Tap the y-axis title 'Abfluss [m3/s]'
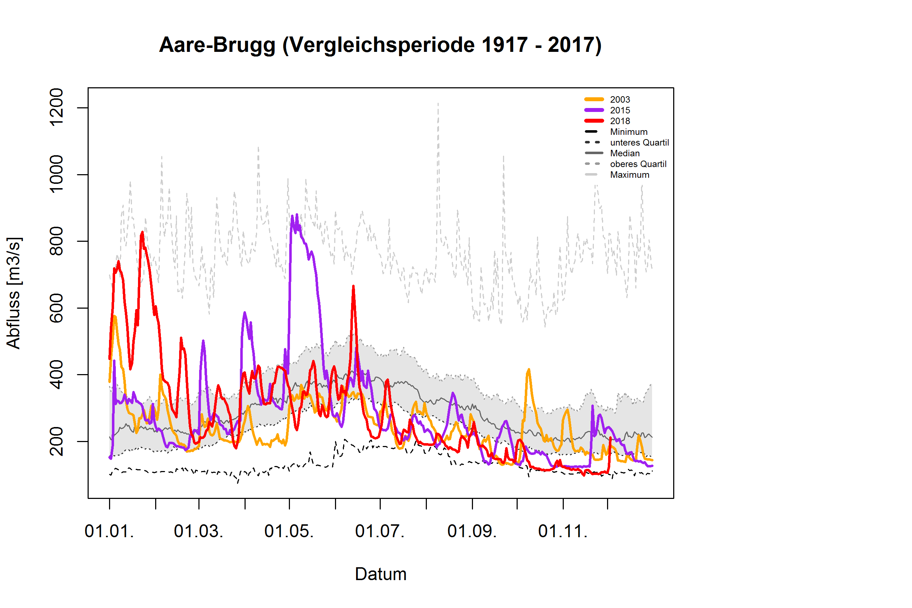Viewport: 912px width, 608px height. click(x=14, y=293)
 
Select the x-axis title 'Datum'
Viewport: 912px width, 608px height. click(x=381, y=574)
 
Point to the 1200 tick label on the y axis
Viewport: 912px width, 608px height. click(x=56, y=107)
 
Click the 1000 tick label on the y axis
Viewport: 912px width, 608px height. click(x=56, y=174)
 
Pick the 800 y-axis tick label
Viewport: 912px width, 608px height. click(x=56, y=241)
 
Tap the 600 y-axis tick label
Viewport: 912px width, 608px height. click(x=56, y=308)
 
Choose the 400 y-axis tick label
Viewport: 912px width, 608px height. click(x=56, y=374)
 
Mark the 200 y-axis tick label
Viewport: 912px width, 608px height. click(x=56, y=441)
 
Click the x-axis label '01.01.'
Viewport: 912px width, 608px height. click(x=109, y=531)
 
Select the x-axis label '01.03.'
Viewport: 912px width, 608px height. click(x=198, y=531)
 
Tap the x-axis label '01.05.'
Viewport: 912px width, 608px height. click(x=289, y=531)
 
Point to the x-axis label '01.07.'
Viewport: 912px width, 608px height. click(x=380, y=531)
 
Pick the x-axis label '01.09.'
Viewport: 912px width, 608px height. click(x=472, y=531)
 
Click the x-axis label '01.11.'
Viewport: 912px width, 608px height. click(x=563, y=531)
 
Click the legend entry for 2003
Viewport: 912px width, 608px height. click(x=620, y=100)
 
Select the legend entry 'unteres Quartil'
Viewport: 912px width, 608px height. click(x=639, y=143)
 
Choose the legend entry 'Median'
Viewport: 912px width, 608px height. click(x=625, y=153)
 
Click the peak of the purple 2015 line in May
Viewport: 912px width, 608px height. click(x=296, y=215)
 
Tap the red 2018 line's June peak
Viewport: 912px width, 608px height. click(x=353, y=286)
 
